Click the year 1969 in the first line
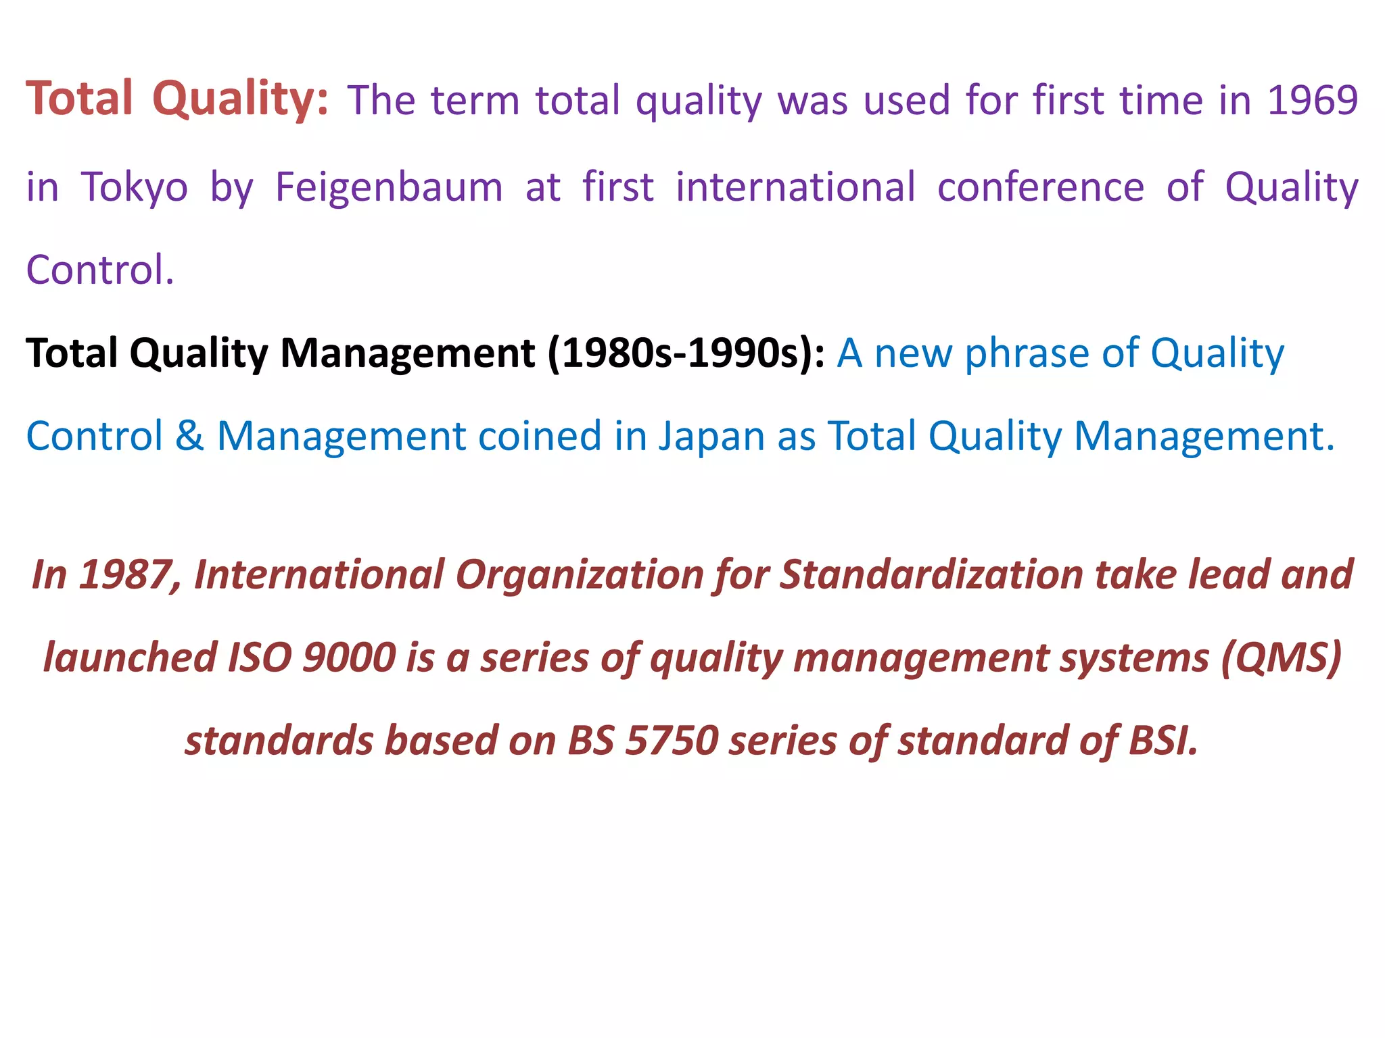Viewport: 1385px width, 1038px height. pyautogui.click(x=1312, y=100)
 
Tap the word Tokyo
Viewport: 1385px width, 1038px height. pyautogui.click(x=134, y=187)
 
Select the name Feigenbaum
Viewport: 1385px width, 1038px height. pyautogui.click(x=389, y=187)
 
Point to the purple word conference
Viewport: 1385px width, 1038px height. pyautogui.click(x=1040, y=187)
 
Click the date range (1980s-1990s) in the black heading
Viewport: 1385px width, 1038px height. pyautogui.click(x=686, y=353)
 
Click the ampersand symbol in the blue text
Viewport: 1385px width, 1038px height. pyautogui.click(x=189, y=436)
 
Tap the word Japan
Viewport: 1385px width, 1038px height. pyautogui.click(x=711, y=436)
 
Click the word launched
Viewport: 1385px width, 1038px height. pyautogui.click(x=130, y=658)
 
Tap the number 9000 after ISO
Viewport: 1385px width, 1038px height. pyautogui.click(x=349, y=658)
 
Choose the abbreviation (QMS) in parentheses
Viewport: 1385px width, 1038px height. pyautogui.click(x=1281, y=658)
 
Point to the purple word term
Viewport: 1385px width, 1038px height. pyautogui.click(x=475, y=100)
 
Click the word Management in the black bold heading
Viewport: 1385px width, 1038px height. pyautogui.click(x=408, y=353)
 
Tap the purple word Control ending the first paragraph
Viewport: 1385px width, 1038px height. pyautogui.click(x=99, y=270)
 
